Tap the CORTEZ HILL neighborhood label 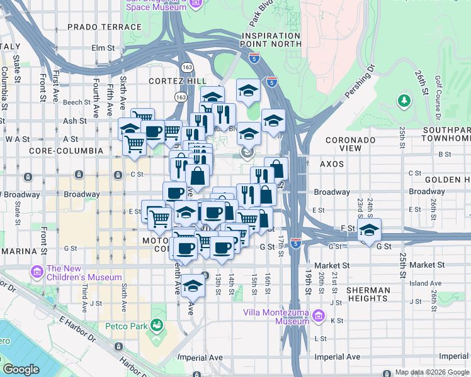pyautogui.click(x=173, y=82)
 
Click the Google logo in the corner pyautogui.click(x=21, y=369)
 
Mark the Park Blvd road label pyautogui.click(x=259, y=14)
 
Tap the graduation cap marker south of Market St pyautogui.click(x=194, y=285)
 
